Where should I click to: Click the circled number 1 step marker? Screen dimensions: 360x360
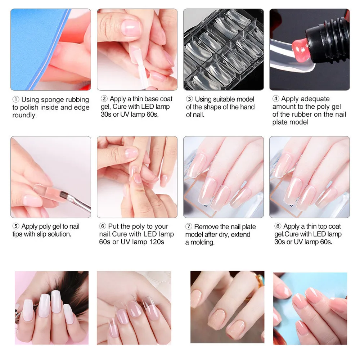(x=15, y=99)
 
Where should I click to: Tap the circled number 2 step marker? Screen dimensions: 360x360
(x=104, y=99)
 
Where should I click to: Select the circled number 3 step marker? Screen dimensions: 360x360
(x=189, y=99)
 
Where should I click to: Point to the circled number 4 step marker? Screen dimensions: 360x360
(x=276, y=99)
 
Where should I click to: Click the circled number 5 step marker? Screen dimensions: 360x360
(x=15, y=226)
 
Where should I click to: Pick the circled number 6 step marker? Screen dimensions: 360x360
(x=102, y=226)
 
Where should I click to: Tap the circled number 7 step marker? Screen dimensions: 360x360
(x=189, y=226)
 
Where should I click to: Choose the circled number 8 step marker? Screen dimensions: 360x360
(x=278, y=226)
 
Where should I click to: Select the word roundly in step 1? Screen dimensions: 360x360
(x=24, y=115)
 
